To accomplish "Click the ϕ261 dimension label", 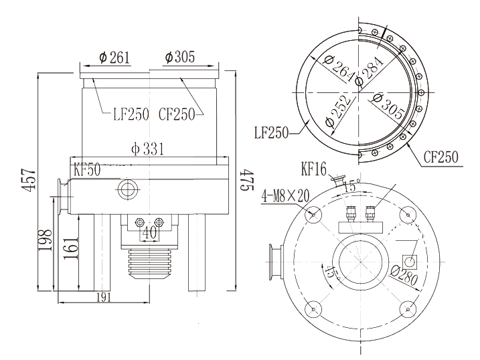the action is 114,58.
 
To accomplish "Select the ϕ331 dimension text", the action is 147,149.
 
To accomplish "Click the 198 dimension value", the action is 45,240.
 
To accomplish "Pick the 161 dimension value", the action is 70,248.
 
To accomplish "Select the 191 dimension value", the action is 104,297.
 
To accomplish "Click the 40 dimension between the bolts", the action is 150,232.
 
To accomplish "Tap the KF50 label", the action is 87,170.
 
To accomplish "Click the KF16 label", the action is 314,169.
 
